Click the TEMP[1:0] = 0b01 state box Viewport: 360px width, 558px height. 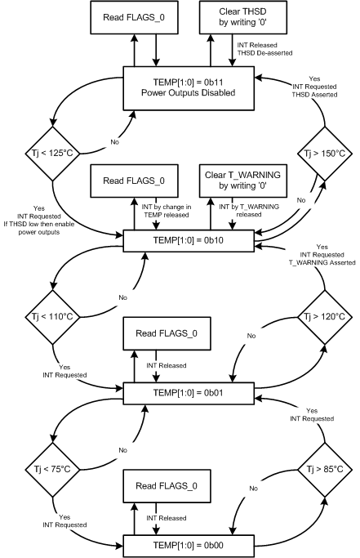coord(171,391)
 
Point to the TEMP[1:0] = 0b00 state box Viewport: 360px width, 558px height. coord(171,542)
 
